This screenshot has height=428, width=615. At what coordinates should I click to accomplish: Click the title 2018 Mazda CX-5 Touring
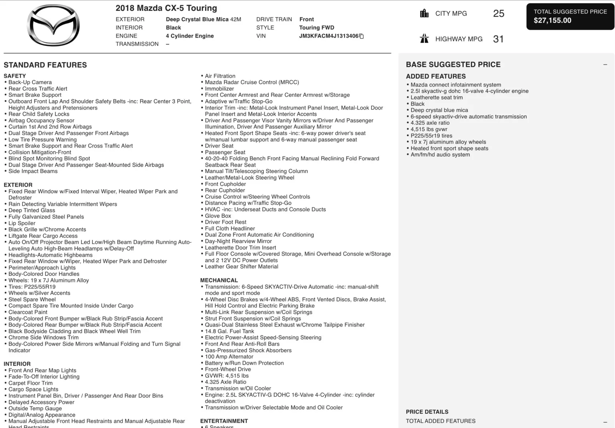(166, 8)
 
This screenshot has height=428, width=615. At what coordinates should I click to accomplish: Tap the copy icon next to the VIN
(361, 36)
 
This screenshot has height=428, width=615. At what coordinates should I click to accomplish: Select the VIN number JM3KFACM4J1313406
(328, 36)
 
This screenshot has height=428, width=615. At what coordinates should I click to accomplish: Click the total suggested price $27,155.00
(552, 21)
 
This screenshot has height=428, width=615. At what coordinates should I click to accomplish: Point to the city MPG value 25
(499, 14)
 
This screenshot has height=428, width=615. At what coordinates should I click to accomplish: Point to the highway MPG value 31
(498, 39)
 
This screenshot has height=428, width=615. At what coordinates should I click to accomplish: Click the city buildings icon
(424, 13)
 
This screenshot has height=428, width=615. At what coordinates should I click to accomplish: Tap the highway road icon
(424, 39)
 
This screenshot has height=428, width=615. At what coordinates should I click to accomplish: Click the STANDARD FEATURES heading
(45, 65)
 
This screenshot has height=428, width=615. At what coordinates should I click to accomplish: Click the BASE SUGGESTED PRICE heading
(453, 65)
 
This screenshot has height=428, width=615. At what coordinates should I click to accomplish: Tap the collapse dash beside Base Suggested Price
(605, 65)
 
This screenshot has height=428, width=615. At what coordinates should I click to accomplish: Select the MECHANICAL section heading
(219, 280)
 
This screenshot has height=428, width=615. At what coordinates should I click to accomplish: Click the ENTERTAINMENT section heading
(224, 421)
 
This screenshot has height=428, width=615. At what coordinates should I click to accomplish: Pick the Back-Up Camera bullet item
(30, 82)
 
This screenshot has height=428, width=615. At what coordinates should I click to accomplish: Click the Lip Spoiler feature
(22, 223)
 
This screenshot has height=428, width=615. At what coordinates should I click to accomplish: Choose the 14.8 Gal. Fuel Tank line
(229, 331)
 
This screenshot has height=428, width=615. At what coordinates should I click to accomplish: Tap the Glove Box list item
(218, 216)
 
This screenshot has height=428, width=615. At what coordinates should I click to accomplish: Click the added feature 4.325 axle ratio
(430, 123)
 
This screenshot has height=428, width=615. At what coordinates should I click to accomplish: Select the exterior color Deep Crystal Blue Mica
(197, 19)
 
